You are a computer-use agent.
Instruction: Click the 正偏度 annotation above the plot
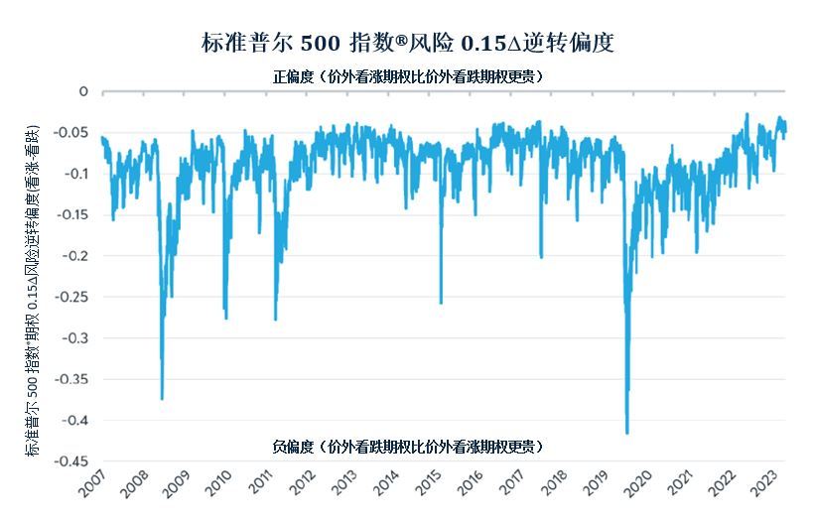click(408, 76)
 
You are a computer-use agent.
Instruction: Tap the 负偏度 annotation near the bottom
click(408, 447)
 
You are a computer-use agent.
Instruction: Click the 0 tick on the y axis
click(83, 91)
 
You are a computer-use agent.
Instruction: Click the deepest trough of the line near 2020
click(626, 433)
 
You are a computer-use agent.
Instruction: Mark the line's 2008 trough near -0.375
click(162, 399)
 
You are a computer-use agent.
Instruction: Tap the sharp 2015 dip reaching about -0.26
click(441, 303)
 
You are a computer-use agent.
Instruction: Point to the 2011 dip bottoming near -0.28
click(275, 319)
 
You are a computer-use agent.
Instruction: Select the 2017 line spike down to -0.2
click(541, 257)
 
